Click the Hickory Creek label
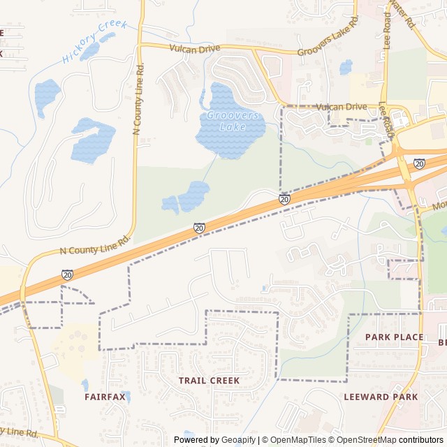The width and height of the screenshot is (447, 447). [94, 42]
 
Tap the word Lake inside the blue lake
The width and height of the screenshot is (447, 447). [233, 127]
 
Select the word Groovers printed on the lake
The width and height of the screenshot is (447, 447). [233, 115]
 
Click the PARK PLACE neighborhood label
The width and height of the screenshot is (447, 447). [394, 337]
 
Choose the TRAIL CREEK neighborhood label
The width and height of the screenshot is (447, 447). [209, 381]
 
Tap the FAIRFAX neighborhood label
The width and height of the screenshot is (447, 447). [105, 397]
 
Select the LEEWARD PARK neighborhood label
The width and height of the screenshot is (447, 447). [381, 397]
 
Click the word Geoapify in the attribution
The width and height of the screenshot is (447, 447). [239, 440]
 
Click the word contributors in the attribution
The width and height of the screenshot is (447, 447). [420, 440]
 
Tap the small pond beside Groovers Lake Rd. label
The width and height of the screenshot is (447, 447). [346, 67]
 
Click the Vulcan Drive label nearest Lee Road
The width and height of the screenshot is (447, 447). [341, 107]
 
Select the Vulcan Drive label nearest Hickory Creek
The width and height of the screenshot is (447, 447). [194, 48]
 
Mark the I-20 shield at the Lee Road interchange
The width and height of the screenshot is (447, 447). [419, 163]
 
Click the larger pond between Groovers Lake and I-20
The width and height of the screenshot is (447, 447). [193, 196]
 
